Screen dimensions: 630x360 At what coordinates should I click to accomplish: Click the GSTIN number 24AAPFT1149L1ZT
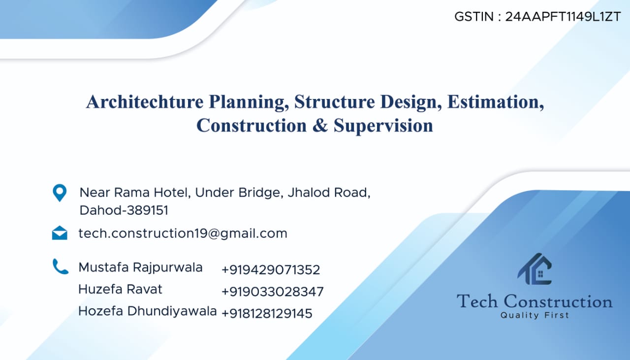click(563, 17)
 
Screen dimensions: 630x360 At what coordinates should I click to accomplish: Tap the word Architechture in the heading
click(145, 101)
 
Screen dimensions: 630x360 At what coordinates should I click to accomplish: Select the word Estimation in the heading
click(496, 101)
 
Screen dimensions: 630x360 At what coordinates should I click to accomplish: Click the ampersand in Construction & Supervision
click(320, 126)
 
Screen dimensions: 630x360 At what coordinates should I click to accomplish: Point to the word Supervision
click(383, 126)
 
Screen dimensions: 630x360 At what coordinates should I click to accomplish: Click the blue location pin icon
click(60, 193)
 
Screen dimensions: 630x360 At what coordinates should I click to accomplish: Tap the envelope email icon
click(60, 233)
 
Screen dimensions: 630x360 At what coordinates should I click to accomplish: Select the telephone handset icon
click(61, 266)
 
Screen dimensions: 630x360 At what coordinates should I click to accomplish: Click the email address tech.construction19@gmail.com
click(183, 233)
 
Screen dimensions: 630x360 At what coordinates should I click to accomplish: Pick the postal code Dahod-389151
click(124, 210)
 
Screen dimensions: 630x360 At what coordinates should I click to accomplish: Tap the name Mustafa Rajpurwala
click(140, 268)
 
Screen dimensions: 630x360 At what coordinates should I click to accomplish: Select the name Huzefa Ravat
click(121, 289)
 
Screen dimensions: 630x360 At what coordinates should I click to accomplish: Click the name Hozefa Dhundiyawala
click(147, 311)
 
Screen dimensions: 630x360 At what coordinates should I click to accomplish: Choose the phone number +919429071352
click(271, 270)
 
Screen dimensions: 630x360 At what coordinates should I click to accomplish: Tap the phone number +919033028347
click(273, 292)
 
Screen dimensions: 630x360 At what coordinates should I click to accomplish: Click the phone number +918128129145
click(267, 314)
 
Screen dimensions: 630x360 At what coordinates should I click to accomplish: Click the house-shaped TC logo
click(535, 269)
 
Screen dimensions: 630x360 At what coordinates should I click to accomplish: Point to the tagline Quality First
click(535, 315)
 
